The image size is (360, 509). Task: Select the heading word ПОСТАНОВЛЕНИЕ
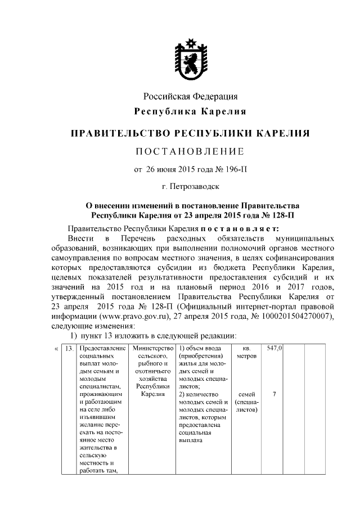[x=190, y=151]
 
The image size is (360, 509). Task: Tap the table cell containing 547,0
[x=274, y=349]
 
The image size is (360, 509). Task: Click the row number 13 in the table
[x=70, y=349]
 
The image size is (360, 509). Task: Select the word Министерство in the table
[x=150, y=349]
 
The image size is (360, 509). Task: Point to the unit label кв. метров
[x=244, y=352]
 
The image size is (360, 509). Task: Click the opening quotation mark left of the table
[x=56, y=349]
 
